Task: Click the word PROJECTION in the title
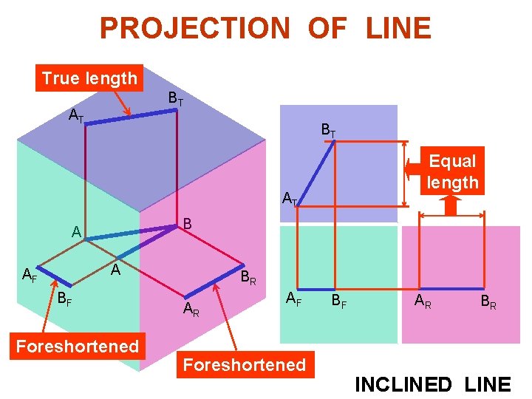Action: (x=195, y=29)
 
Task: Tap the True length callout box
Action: (x=89, y=78)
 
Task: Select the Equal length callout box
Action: (x=453, y=171)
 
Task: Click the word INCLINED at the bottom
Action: (x=403, y=384)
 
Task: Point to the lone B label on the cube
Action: (x=187, y=223)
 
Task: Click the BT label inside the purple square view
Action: (x=328, y=130)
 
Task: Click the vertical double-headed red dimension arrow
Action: (x=405, y=174)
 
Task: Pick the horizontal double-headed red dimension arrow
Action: (x=451, y=215)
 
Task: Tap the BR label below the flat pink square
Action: (x=488, y=302)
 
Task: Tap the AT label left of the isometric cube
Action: (x=75, y=116)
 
